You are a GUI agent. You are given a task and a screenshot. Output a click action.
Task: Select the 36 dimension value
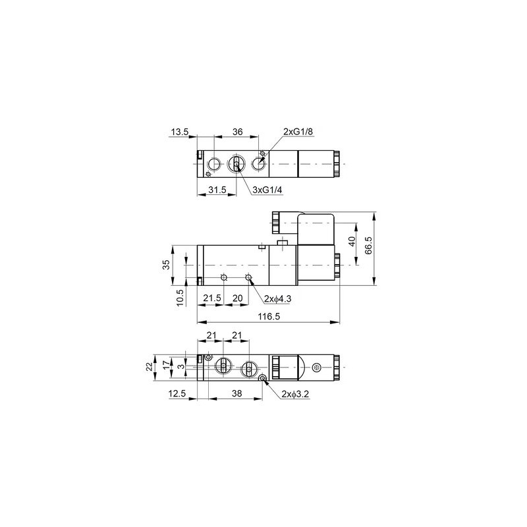[238, 132]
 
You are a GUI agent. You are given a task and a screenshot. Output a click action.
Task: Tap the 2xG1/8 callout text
[298, 132]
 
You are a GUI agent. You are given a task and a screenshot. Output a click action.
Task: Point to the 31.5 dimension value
[218, 190]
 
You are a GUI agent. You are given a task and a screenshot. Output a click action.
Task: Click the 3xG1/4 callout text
[267, 190]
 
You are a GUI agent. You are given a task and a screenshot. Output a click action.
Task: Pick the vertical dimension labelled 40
[352, 242]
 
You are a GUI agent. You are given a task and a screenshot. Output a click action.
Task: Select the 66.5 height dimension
[370, 245]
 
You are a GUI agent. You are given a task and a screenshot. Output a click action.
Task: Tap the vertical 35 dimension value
[167, 264]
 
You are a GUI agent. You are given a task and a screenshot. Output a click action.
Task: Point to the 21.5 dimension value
[212, 298]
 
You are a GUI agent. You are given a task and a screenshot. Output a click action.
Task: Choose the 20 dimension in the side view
[237, 298]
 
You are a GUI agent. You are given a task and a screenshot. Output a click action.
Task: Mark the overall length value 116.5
[269, 317]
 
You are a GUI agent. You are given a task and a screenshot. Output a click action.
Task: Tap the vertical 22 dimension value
[149, 366]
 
